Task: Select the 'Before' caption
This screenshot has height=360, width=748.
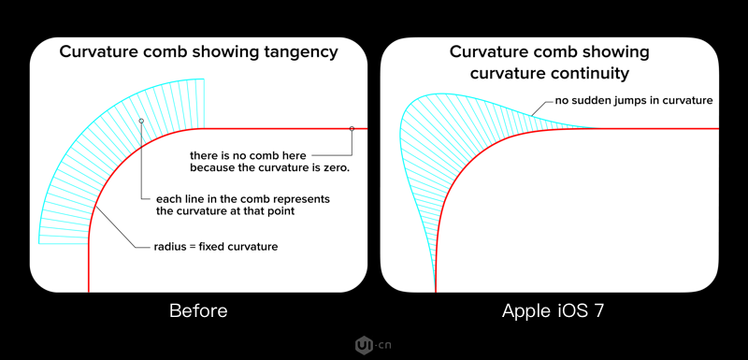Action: point(198,311)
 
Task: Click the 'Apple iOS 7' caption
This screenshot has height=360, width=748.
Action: point(553,311)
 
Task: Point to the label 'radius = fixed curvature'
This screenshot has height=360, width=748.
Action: point(216,247)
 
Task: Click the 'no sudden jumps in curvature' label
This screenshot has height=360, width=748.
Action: point(634,101)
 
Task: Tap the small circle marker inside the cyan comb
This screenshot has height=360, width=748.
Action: point(141,122)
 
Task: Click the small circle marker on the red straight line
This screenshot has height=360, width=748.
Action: point(352,129)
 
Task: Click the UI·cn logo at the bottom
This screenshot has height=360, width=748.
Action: point(373,345)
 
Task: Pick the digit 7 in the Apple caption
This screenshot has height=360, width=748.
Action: point(598,311)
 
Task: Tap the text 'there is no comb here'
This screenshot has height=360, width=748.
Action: point(248,155)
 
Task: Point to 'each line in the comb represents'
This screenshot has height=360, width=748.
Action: point(243,199)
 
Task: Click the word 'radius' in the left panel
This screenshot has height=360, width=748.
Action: point(167,247)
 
